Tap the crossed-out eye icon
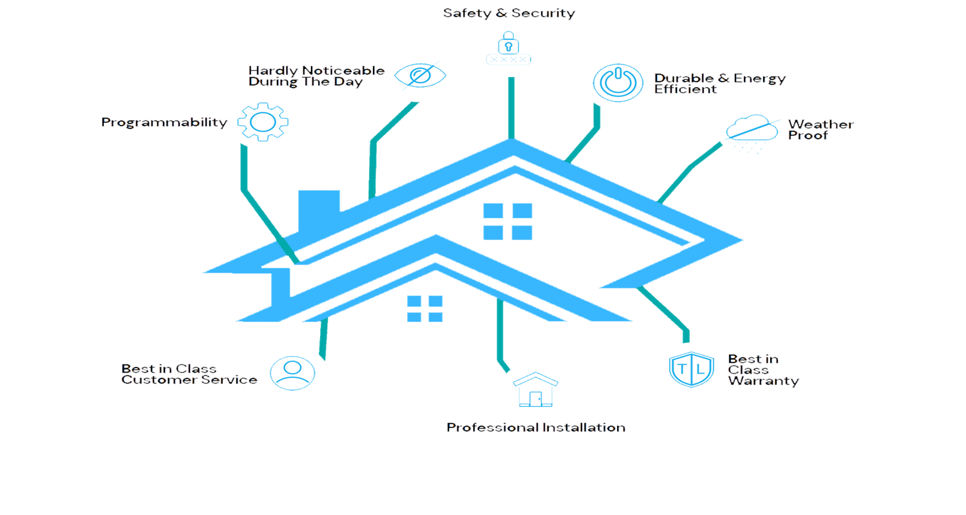point(420,75)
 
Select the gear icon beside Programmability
point(263,122)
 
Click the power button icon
point(618,82)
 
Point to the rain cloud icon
point(751,131)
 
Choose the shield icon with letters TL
point(691,369)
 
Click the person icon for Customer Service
point(292,373)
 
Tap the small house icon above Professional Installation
point(535,389)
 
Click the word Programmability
point(164,122)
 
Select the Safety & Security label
point(509,13)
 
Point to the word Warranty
point(763,381)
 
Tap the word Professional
point(490,427)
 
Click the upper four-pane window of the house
point(507,221)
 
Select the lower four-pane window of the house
point(424,308)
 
